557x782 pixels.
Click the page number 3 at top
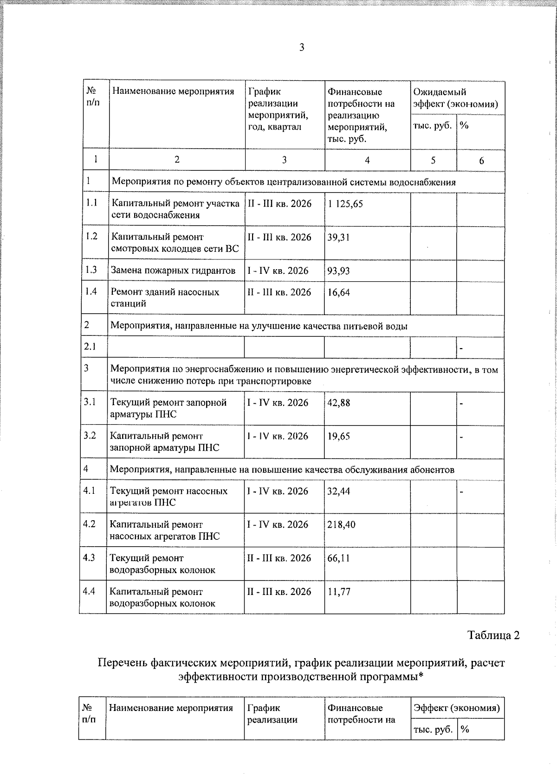[302, 47]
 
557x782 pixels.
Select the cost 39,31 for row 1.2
[338, 237]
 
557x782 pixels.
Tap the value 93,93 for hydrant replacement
[338, 271]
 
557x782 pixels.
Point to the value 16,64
[338, 292]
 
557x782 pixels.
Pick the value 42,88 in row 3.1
[338, 403]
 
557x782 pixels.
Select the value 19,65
[338, 436]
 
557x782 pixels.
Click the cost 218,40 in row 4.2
[341, 524]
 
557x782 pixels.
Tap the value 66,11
[338, 558]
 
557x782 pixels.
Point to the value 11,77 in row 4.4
[338, 592]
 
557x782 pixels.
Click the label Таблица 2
[493, 635]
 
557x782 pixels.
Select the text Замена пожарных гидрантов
[173, 271]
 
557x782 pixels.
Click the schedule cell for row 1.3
[278, 271]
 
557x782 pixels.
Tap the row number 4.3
[89, 558]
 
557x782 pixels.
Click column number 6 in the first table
[481, 161]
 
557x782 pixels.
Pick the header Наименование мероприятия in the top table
[173, 91]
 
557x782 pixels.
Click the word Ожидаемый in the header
[440, 92]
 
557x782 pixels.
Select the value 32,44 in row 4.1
[338, 491]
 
